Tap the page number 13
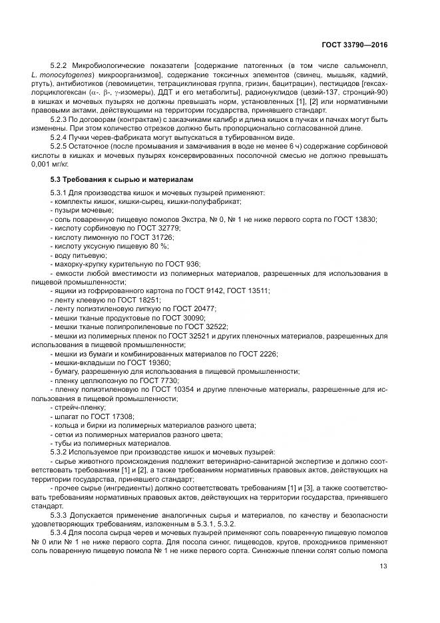[x=382, y=566]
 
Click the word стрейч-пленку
[x=78, y=407]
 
